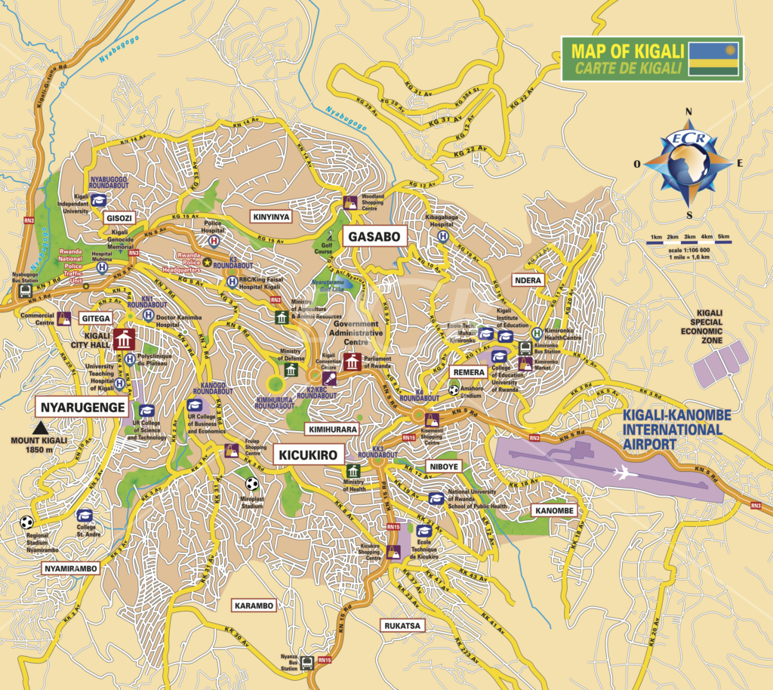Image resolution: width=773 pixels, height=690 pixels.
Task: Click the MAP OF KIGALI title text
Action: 627,51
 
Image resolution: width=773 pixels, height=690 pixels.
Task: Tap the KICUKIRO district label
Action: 309,454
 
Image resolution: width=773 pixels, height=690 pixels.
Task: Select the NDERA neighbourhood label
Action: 527,279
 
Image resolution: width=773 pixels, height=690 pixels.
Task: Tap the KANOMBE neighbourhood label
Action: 555,511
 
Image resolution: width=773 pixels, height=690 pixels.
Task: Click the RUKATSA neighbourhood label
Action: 402,625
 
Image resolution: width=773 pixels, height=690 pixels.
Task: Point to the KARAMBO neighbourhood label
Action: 254,605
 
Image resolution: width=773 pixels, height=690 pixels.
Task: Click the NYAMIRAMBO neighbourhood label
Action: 71,568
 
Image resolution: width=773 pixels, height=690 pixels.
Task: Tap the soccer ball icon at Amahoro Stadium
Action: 453,390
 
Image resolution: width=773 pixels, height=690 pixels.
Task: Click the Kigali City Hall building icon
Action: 122,340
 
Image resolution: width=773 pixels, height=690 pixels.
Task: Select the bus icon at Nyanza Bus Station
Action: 306,663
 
